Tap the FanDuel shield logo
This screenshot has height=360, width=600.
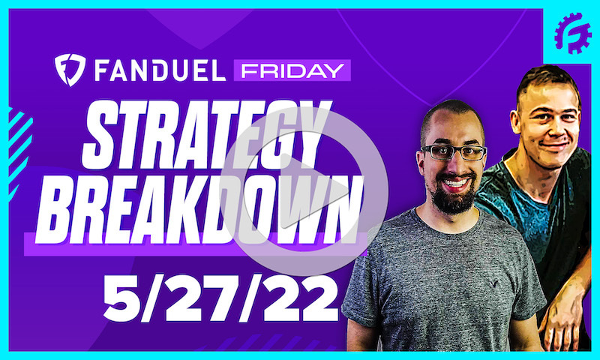pos(69,69)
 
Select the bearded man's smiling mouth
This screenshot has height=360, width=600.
pos(454,182)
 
